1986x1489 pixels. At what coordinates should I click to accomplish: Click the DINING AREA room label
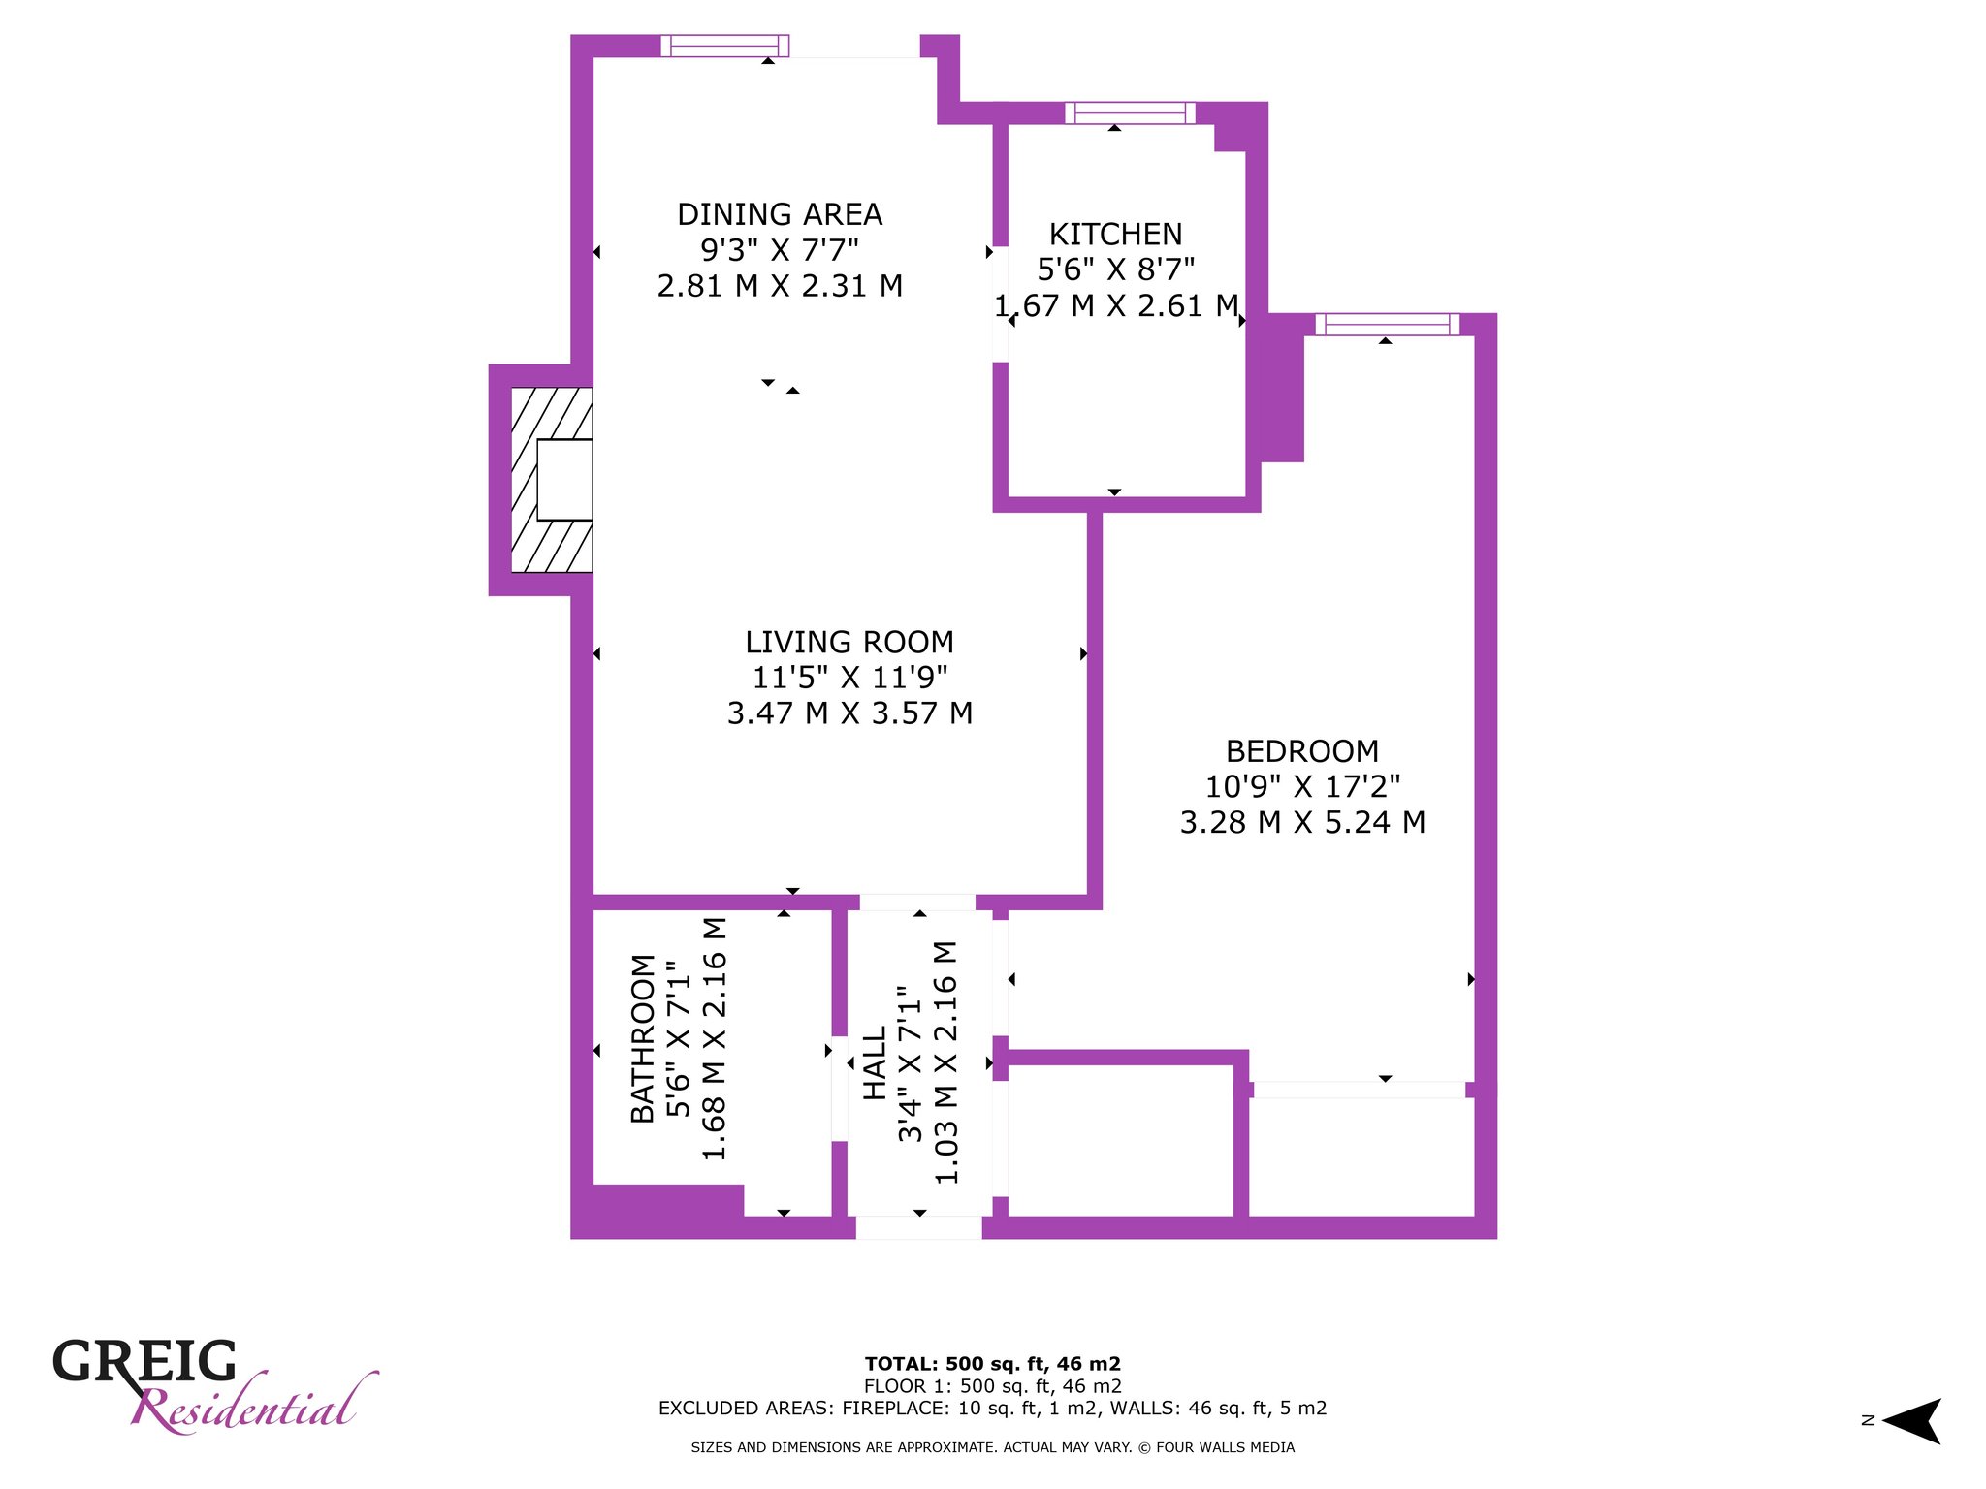click(x=780, y=214)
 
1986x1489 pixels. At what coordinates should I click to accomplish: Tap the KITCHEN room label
click(x=1115, y=235)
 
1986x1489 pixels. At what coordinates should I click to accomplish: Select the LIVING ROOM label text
click(x=849, y=642)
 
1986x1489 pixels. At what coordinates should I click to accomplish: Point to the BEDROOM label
click(x=1302, y=751)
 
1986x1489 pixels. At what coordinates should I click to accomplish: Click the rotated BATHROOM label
click(x=643, y=1038)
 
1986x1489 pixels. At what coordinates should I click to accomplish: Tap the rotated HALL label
click(x=875, y=1063)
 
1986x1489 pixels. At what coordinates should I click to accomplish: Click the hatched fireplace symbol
click(x=552, y=480)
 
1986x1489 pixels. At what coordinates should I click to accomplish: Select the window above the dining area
click(x=724, y=46)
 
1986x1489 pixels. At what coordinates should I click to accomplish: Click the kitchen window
click(x=1130, y=112)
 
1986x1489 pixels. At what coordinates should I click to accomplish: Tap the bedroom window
click(x=1388, y=325)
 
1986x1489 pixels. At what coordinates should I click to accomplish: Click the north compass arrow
click(x=1911, y=1421)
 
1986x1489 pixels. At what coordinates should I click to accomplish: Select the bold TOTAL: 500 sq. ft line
click(x=993, y=1364)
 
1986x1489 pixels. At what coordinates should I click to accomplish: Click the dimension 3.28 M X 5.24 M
click(x=1302, y=822)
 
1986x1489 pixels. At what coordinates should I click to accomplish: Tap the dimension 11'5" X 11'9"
click(x=849, y=677)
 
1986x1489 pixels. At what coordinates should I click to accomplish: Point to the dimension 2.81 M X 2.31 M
click(x=780, y=286)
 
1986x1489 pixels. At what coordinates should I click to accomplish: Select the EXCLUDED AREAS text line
click(x=993, y=1408)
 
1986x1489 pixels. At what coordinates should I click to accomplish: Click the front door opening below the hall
click(x=918, y=1227)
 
